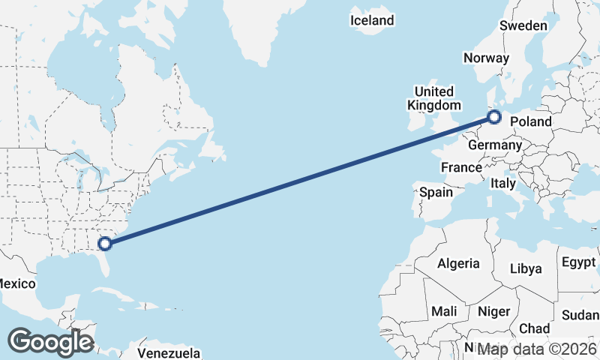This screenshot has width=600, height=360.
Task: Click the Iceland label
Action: (x=372, y=20)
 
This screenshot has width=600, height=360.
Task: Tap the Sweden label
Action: (x=523, y=25)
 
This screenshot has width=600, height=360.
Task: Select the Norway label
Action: (x=486, y=58)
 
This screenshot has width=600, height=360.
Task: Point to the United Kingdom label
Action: (x=430, y=98)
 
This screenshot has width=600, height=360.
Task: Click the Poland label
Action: (x=532, y=121)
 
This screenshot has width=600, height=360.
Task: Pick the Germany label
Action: (x=493, y=145)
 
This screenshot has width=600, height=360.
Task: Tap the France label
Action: (x=460, y=167)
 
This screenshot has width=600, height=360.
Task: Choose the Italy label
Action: (x=502, y=183)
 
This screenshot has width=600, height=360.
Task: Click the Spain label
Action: (x=436, y=192)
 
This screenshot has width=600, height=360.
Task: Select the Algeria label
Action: (x=458, y=263)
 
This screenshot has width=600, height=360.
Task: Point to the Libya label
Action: (x=525, y=268)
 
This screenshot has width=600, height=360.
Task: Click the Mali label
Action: (x=444, y=310)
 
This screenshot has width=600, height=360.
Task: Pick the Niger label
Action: (x=493, y=311)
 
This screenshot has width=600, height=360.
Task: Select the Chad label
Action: (x=534, y=328)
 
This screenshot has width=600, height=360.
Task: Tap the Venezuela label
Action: (x=169, y=352)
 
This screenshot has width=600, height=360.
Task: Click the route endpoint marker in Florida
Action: (x=106, y=243)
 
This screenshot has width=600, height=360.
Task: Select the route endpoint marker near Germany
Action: (x=494, y=116)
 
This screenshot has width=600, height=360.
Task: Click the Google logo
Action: (x=50, y=342)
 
